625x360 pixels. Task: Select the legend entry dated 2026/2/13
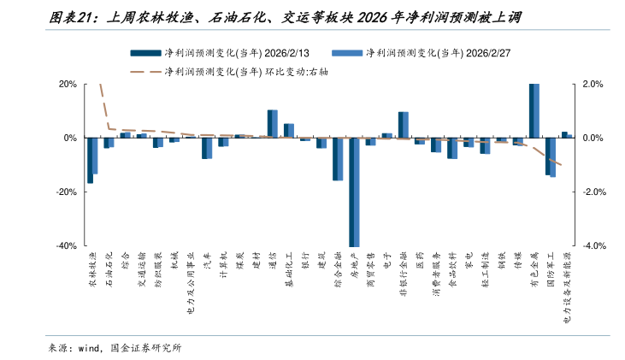(x=231, y=53)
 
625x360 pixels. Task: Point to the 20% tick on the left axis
(x=68, y=85)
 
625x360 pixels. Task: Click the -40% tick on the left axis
(x=66, y=245)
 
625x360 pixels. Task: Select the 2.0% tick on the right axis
(x=593, y=85)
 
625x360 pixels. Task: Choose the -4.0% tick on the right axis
(x=593, y=245)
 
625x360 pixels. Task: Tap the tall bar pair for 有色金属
(x=534, y=110)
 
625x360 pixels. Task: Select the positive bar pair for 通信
(x=273, y=124)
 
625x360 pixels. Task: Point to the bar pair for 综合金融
(x=338, y=159)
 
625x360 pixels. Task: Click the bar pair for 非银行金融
(x=403, y=125)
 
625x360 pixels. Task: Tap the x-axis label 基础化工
(x=289, y=269)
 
